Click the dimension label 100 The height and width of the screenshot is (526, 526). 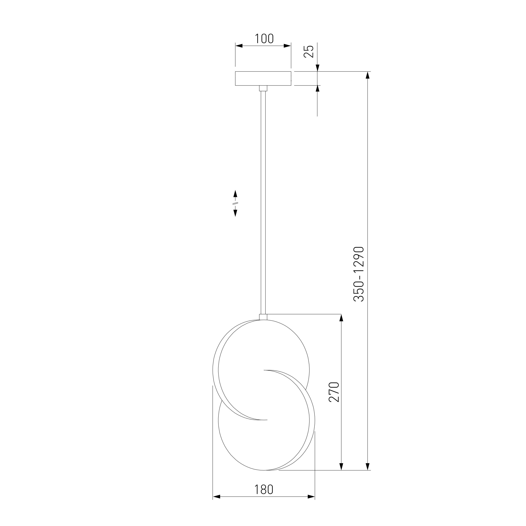tap(264, 39)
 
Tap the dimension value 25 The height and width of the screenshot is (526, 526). tap(309, 51)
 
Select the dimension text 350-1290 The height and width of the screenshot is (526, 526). tap(358, 274)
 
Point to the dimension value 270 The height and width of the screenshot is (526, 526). tap(334, 392)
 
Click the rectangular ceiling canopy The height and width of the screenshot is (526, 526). tap(263, 78)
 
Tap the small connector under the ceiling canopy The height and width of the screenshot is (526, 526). tap(263, 88)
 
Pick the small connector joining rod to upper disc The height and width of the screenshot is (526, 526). tap(263, 317)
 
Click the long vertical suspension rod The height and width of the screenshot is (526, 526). tap(263, 202)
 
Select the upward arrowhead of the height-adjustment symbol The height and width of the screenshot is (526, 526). tap(235, 193)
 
